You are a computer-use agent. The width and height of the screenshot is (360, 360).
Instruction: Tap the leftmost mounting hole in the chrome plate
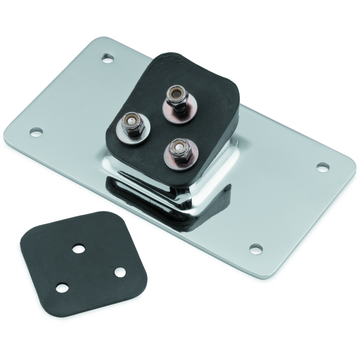[36, 132]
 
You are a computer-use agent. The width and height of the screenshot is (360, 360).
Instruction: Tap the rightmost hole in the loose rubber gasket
[119, 272]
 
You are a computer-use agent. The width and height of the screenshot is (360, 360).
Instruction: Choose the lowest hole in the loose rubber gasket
[62, 287]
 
